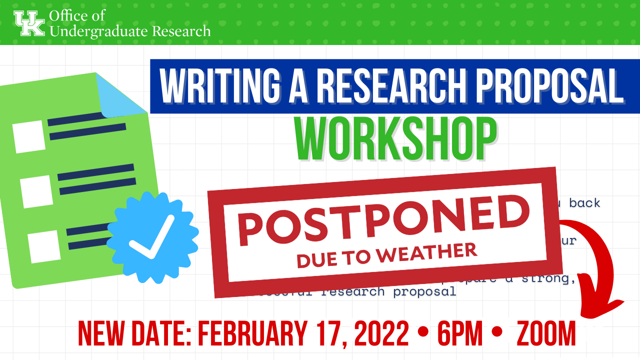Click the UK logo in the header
[29, 22]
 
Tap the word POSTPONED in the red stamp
[383, 218]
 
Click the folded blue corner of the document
[120, 95]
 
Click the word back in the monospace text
[584, 203]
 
